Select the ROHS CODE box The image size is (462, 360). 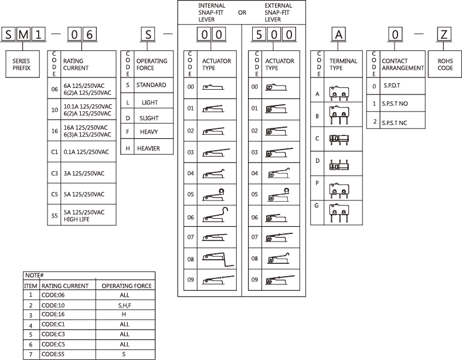[445, 64]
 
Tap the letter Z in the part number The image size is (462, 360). [445, 34]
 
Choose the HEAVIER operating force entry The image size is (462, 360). [148, 148]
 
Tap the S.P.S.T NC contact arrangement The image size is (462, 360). [394, 123]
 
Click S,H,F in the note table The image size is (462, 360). [123, 305]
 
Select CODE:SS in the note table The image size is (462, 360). [53, 355]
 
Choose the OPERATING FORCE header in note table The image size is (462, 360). [127, 286]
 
